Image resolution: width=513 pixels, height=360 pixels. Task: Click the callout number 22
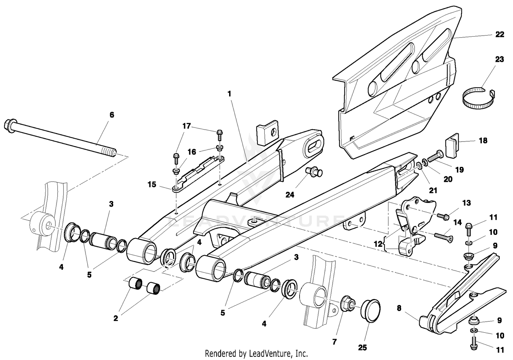pos(500,35)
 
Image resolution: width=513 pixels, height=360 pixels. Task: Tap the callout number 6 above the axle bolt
pos(111,115)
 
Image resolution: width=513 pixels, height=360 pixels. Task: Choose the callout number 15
pos(152,185)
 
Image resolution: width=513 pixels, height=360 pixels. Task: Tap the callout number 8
pos(399,308)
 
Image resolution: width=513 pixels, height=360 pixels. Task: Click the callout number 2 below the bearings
pos(116,318)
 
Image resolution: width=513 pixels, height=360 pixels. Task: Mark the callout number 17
pos(186,126)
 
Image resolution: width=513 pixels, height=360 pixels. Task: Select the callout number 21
pos(433,190)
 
